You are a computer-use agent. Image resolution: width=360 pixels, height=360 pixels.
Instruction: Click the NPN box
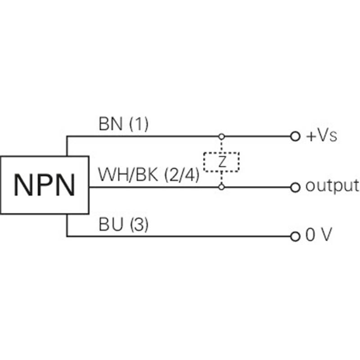[44, 184]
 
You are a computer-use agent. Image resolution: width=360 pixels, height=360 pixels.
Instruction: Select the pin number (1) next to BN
[139, 125]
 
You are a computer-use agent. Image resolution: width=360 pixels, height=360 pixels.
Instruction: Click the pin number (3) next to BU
[139, 225]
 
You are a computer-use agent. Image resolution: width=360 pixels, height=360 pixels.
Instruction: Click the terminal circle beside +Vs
[295, 136]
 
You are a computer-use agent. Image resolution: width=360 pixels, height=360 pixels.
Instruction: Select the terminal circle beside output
[295, 186]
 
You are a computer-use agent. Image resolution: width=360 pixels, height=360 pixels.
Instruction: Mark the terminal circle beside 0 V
[295, 236]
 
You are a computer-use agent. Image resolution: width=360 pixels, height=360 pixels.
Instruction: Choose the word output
[332, 185]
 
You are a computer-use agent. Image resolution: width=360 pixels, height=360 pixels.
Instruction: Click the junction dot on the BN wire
[221, 136]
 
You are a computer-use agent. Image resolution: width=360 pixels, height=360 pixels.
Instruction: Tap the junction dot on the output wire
[221, 186]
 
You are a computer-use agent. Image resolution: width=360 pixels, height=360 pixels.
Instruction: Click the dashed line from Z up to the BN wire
[221, 145]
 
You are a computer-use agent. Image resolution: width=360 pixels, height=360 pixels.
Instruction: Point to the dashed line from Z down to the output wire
[221, 178]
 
